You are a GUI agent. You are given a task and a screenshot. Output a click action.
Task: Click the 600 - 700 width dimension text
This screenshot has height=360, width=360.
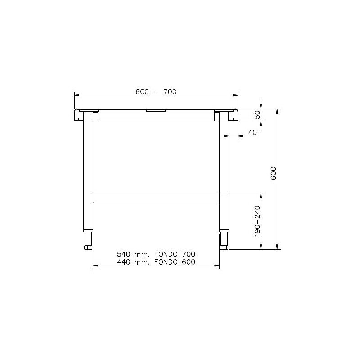coord(156,92)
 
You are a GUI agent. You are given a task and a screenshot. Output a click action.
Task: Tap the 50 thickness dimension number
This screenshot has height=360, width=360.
coord(257,114)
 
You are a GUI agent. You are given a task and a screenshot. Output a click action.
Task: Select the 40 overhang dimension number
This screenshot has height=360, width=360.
coord(252,132)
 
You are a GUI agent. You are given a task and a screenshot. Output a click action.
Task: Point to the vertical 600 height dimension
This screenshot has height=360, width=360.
coord(274,173)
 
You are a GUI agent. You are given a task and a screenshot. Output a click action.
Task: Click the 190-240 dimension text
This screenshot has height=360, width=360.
coord(257,221)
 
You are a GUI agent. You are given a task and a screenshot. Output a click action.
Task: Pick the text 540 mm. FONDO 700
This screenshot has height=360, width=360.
coord(156,254)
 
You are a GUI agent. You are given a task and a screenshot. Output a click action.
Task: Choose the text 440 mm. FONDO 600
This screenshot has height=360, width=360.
coord(156,262)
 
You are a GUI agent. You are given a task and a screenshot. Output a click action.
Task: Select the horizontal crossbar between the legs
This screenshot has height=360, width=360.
coord(156,198)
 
